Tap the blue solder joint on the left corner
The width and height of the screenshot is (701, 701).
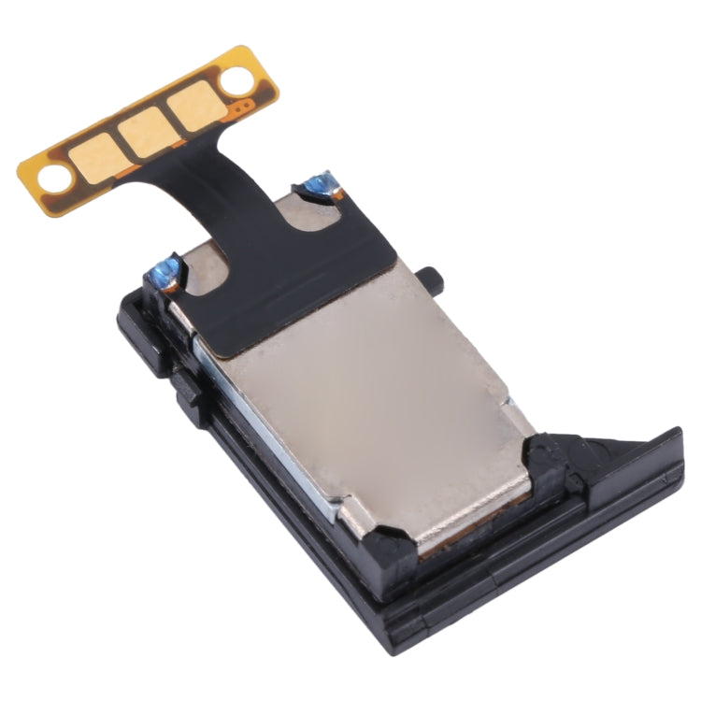click(x=165, y=271)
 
